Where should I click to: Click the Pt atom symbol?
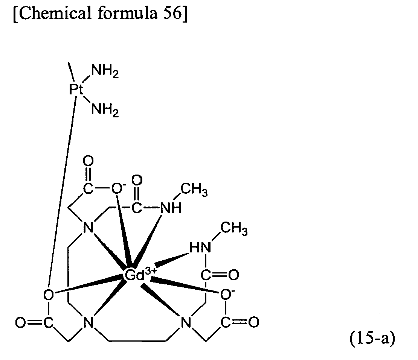[x=76, y=90]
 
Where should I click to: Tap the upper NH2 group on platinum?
[x=105, y=71]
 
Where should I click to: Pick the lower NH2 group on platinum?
[x=105, y=110]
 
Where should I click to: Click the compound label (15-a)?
[x=372, y=338]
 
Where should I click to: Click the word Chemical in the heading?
[x=52, y=12]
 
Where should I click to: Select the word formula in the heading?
[x=127, y=12]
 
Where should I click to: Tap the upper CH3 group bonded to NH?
[x=194, y=190]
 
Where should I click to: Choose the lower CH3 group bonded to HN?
[x=234, y=229]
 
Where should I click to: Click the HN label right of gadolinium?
[x=200, y=248]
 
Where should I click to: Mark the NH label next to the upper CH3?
[x=171, y=208]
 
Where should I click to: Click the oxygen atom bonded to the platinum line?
[x=49, y=295]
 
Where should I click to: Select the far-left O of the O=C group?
[x=20, y=322]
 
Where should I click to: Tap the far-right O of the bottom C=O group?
[x=254, y=322]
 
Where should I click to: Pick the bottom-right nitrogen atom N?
[x=186, y=322]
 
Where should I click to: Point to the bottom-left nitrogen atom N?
[x=88, y=322]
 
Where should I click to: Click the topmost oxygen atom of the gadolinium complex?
[x=88, y=161]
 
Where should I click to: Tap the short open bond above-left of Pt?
[x=71, y=71]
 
